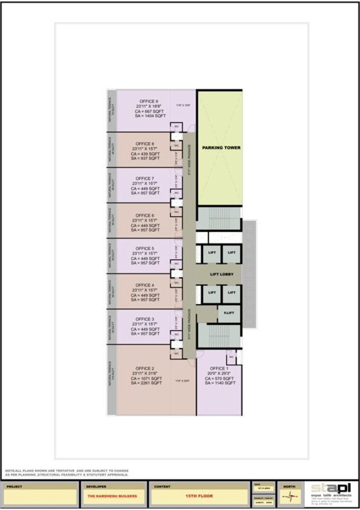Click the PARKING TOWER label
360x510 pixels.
click(221, 148)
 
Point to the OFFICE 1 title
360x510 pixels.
click(219, 368)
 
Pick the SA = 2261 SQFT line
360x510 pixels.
click(148, 383)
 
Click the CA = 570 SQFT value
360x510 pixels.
click(220, 378)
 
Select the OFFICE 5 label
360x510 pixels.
click(145, 248)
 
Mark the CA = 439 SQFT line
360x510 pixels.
click(145, 154)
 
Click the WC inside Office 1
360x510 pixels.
click(231, 357)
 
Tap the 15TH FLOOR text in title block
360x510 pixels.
click(199, 496)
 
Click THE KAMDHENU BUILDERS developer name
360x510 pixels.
click(113, 496)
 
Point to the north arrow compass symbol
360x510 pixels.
click(289, 497)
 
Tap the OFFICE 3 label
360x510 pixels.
click(145, 319)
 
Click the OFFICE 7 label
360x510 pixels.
click(145, 178)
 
